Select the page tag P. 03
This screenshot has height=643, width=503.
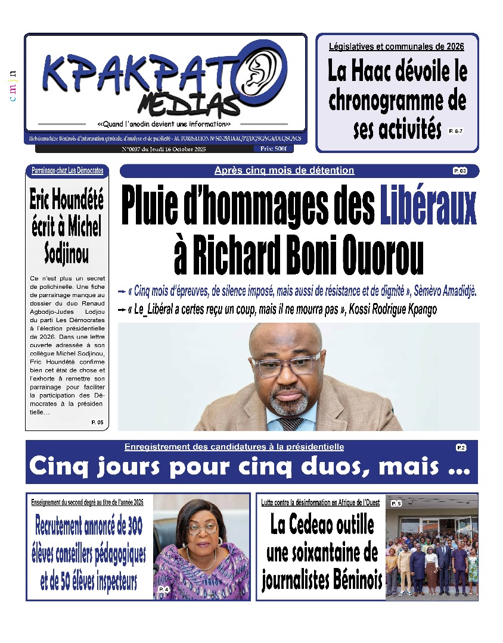459,171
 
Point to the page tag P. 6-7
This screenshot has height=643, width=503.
456,130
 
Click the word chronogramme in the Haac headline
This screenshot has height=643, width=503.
397,100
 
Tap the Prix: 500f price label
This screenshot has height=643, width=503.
273,148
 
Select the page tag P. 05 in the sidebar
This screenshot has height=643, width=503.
97,422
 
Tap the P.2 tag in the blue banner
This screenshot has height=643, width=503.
461,447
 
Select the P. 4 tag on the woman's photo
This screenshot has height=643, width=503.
164,589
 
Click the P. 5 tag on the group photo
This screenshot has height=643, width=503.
396,504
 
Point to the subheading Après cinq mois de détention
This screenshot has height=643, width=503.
284,171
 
